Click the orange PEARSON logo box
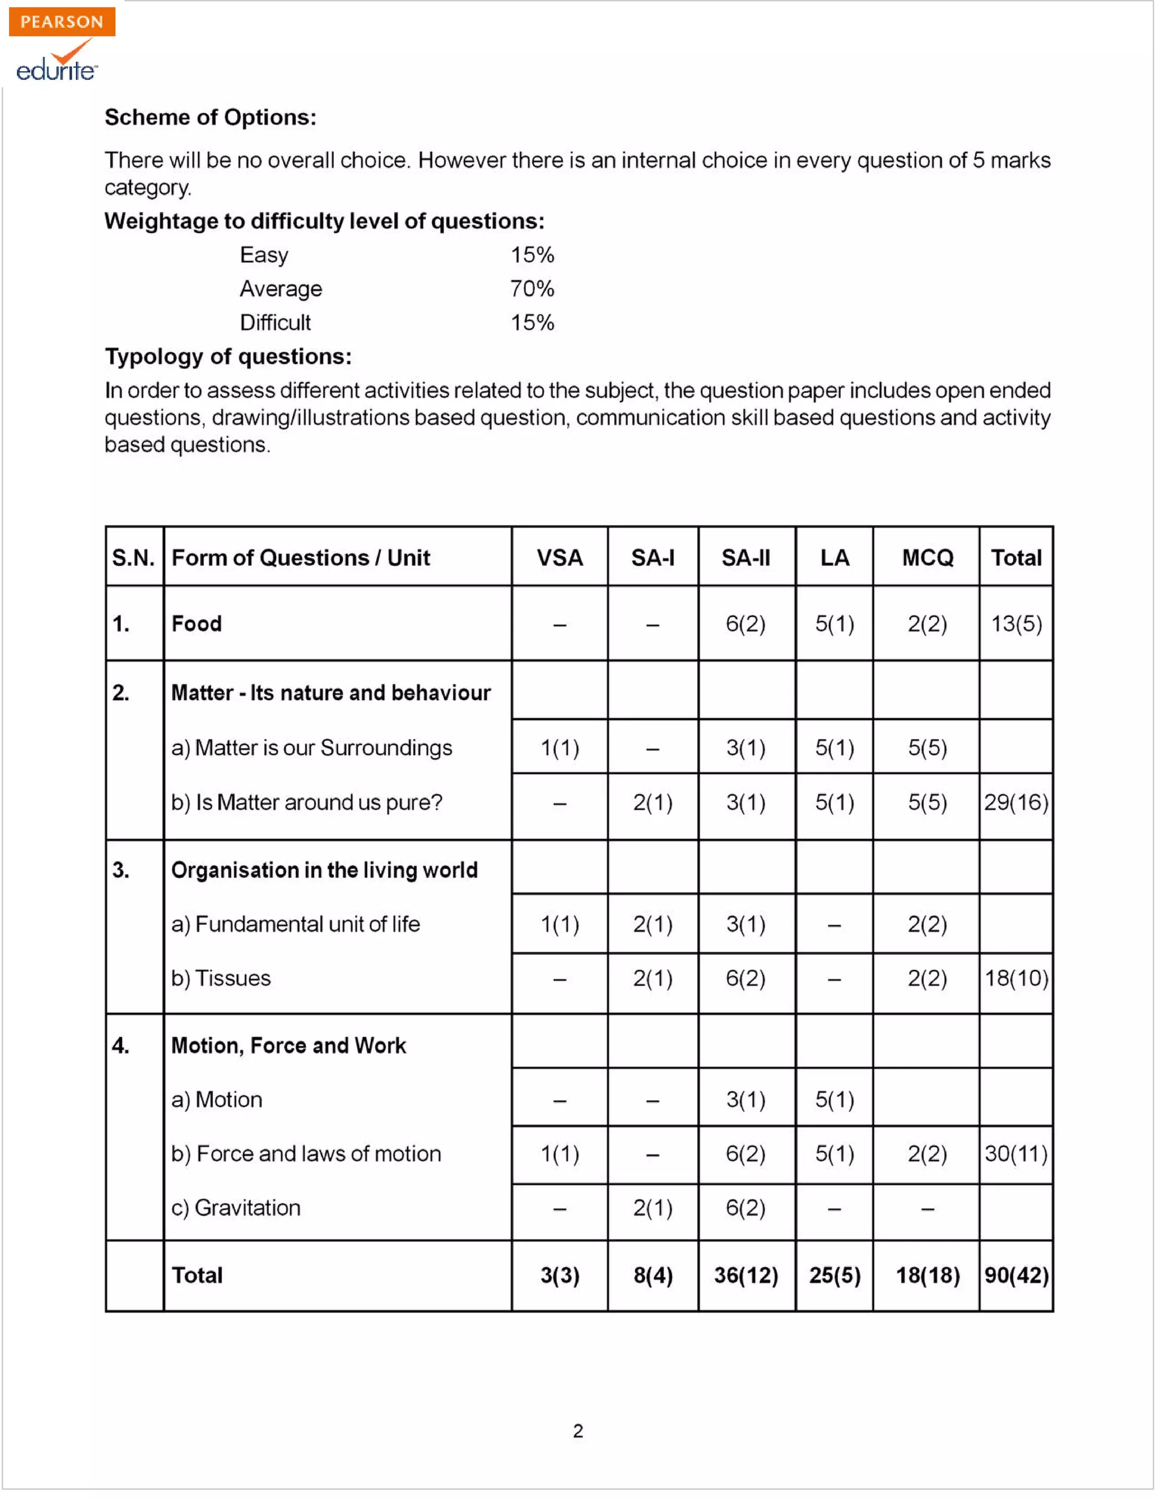coord(62,21)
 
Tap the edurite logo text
coord(56,70)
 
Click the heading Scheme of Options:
coord(210,117)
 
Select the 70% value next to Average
coord(532,289)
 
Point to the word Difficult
coord(275,322)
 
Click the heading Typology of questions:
coord(228,357)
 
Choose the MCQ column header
coord(928,558)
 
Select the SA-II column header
coord(746,558)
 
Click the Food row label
coord(197,624)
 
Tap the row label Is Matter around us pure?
coord(307,803)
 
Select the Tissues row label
coord(221,979)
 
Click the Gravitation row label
coord(236,1209)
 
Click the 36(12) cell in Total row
coord(746,1276)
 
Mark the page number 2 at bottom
coord(578,1432)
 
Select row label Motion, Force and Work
coord(288,1046)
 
